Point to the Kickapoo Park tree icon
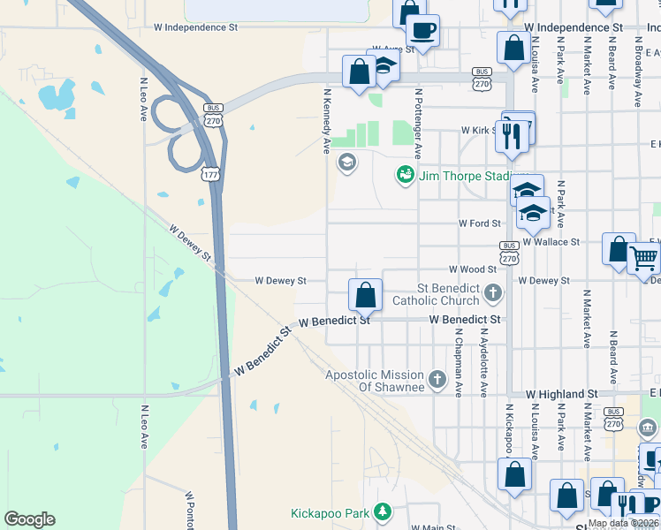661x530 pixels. point(382,512)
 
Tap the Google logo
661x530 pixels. point(29,519)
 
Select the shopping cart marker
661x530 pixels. point(644,259)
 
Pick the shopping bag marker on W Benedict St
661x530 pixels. point(364,294)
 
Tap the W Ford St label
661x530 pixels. point(479,223)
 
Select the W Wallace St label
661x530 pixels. point(551,241)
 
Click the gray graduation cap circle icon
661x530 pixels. point(346,162)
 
